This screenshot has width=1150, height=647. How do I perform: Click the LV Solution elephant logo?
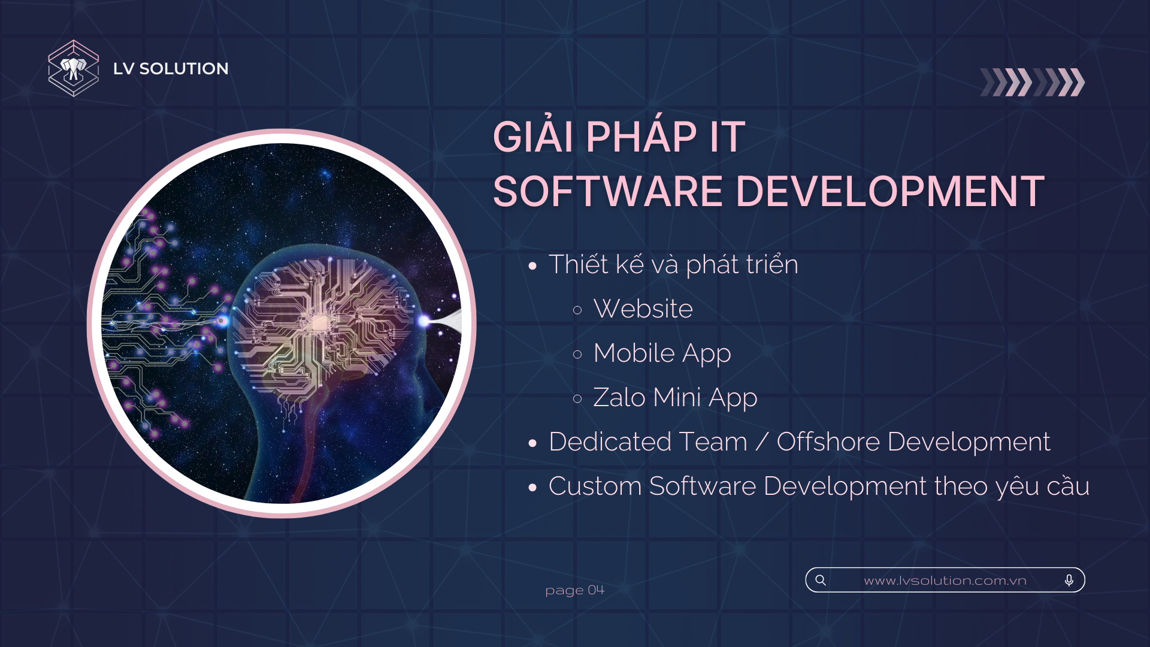[74, 68]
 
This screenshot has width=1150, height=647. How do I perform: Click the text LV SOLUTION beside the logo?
[171, 69]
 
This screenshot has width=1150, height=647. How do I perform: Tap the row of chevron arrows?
[1033, 82]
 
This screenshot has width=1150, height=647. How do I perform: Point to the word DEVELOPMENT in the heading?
[890, 192]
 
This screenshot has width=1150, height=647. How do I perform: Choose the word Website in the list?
[643, 309]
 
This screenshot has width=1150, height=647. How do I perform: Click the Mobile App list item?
[662, 353]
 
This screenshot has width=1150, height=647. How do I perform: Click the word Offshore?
[828, 442]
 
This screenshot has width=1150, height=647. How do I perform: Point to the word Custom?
[595, 486]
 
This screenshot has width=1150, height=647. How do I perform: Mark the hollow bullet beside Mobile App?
[577, 355]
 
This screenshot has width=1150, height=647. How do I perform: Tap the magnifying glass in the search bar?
[821, 580]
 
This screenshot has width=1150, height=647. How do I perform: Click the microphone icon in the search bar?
[1069, 580]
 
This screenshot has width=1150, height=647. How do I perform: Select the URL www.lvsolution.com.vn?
[945, 581]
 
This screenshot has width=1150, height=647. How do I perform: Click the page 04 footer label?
[575, 591]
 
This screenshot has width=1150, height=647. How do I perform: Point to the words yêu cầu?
[1043, 486]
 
